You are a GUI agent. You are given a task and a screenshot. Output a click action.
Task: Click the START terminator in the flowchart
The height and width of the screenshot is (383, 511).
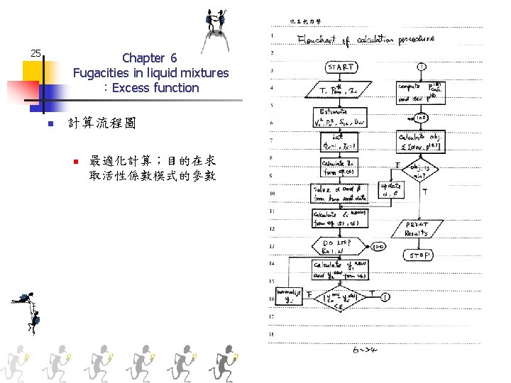click(x=340, y=67)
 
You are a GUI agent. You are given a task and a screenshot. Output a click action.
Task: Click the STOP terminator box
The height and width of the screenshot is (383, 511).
click(x=419, y=255)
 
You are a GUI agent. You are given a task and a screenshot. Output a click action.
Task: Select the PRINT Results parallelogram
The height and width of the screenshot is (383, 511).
click(x=417, y=228)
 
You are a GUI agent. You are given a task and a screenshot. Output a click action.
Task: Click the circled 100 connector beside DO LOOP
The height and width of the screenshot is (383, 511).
click(x=377, y=248)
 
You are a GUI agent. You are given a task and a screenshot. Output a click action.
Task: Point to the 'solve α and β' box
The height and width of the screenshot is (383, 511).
click(x=339, y=193)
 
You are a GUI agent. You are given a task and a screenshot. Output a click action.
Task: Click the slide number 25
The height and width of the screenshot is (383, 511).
click(x=35, y=52)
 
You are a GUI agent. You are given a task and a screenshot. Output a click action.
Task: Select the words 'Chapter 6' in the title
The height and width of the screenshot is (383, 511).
click(x=149, y=57)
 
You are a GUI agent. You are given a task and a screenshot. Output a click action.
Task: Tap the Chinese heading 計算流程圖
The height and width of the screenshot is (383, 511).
click(x=101, y=123)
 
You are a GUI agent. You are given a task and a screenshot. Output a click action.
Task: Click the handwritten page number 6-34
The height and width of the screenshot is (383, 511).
click(x=368, y=349)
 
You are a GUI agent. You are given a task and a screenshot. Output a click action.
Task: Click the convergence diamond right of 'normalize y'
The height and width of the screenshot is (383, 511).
click(x=340, y=299)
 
